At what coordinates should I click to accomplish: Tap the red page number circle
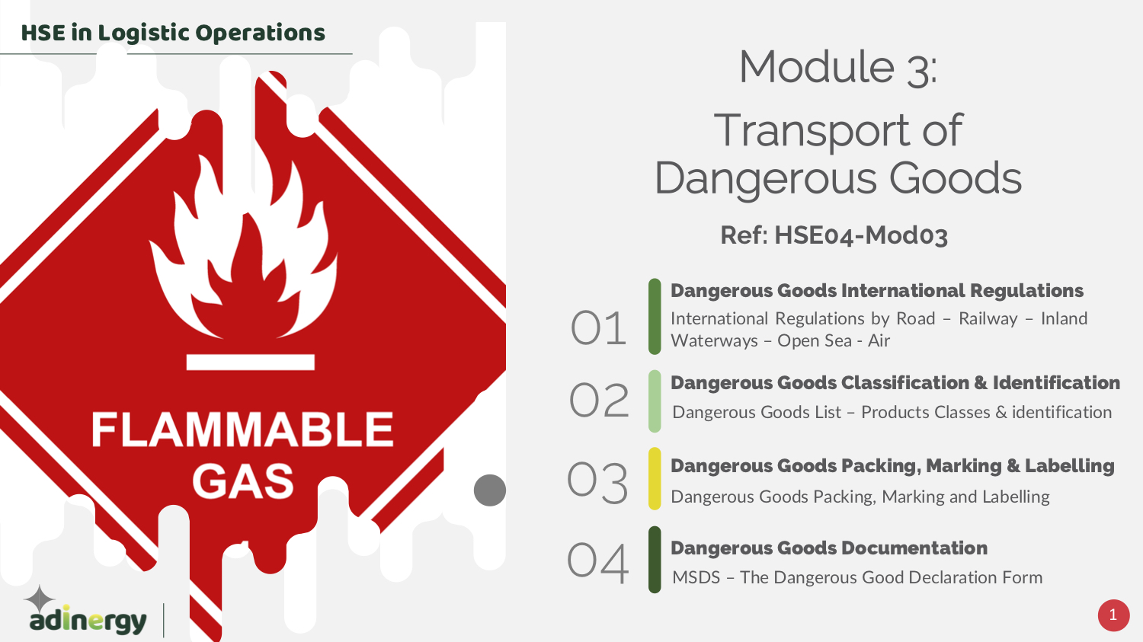tap(1113, 615)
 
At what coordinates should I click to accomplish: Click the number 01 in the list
tap(598, 328)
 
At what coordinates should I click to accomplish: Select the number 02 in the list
tap(599, 401)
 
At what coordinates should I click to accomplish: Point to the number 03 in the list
tap(597, 482)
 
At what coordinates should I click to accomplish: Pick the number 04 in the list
tap(597, 563)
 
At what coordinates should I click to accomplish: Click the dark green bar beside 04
tap(655, 560)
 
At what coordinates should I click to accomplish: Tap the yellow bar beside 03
tap(655, 478)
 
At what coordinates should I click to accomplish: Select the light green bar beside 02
tap(655, 401)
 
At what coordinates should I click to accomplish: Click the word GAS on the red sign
tap(243, 481)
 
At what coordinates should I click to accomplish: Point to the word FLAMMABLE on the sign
tap(242, 430)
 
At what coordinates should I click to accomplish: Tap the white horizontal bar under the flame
tap(251, 362)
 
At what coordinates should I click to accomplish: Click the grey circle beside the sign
tap(490, 490)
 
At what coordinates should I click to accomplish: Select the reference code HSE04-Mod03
tap(861, 235)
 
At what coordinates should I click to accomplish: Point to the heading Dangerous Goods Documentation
tap(829, 548)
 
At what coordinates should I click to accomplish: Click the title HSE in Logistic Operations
tap(173, 34)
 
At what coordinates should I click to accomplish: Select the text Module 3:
tap(838, 67)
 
